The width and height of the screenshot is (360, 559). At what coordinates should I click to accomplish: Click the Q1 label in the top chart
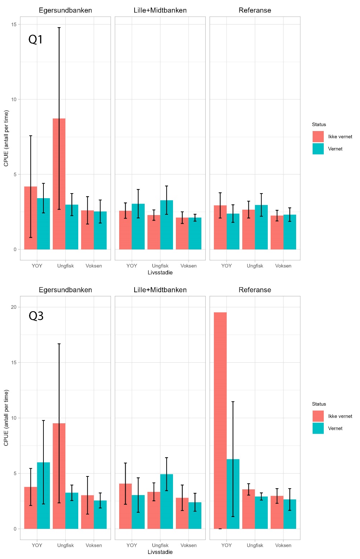(36, 39)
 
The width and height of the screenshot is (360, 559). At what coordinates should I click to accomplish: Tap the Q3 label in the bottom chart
(36, 316)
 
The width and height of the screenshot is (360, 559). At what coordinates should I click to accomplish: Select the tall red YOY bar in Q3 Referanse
(220, 420)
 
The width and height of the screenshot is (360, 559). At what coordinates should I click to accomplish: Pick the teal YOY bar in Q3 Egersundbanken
(43, 495)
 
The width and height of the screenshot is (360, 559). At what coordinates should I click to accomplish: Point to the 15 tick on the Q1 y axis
(14, 24)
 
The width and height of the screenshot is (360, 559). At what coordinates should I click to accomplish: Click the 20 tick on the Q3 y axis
(14, 307)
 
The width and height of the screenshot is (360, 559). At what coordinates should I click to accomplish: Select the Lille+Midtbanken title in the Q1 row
(160, 10)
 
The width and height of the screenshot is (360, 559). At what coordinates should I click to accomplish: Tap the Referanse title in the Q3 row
(255, 290)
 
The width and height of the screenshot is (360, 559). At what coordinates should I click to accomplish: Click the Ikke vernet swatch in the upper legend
(318, 136)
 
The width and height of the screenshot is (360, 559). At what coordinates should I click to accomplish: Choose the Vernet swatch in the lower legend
(318, 428)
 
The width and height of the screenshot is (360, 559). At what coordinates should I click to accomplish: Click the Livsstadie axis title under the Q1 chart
(160, 272)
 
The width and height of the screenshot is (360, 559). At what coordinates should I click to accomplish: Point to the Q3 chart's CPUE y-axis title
(6, 418)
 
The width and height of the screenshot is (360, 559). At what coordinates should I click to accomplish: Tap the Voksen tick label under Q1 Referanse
(283, 266)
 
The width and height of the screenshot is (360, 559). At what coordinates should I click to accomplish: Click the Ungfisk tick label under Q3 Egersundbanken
(65, 545)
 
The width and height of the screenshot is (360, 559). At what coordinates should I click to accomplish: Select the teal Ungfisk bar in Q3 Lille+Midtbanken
(167, 501)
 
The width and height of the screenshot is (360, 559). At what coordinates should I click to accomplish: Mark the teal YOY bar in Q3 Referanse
(233, 494)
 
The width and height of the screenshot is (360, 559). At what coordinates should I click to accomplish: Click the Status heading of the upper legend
(319, 125)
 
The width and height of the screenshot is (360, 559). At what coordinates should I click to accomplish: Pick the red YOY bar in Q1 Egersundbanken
(31, 218)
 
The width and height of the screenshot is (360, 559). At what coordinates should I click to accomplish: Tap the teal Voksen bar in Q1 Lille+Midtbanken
(195, 233)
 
